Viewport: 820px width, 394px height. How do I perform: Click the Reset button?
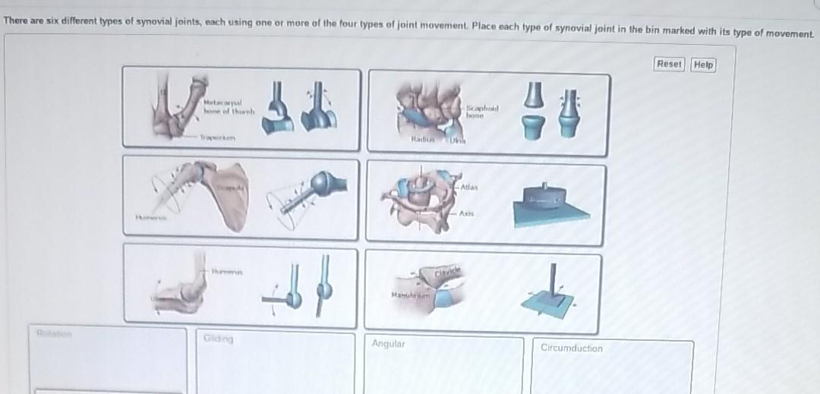(669, 65)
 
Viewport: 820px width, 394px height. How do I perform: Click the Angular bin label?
(389, 344)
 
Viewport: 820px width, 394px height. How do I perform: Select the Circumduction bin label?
(572, 348)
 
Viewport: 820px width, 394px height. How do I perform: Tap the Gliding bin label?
(219, 339)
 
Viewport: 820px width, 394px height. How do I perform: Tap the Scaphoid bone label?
(483, 111)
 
